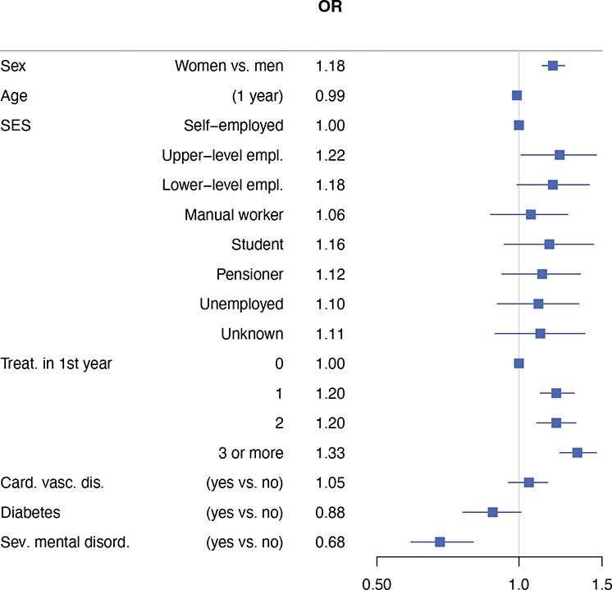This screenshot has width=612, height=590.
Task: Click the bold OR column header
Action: [330, 7]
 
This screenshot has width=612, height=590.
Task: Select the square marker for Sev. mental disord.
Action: [440, 542]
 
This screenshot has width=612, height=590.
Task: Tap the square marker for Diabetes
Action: [492, 512]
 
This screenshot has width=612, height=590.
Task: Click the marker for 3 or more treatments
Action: [578, 453]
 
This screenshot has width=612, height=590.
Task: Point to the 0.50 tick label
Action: [377, 583]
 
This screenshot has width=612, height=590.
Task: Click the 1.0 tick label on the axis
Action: [518, 583]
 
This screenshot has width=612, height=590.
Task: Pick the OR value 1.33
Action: [330, 453]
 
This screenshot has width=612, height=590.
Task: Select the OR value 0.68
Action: [330, 542]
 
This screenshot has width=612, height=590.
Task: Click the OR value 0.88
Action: [330, 513]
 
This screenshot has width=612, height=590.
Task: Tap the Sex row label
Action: [13, 66]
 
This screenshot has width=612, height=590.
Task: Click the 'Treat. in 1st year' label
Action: [57, 364]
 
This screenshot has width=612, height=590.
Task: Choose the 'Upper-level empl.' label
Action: [222, 155]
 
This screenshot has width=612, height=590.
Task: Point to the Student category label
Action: [258, 245]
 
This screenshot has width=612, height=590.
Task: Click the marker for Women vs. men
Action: [553, 66]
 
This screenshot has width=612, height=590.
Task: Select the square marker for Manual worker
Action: [531, 214]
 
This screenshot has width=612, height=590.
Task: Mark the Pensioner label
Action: [249, 275]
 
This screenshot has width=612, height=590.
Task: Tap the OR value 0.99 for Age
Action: [330, 96]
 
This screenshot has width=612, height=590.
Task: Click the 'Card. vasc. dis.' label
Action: [53, 483]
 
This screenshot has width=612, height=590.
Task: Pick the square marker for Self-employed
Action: [518, 126]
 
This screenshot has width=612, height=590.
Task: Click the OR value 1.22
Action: [330, 155]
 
